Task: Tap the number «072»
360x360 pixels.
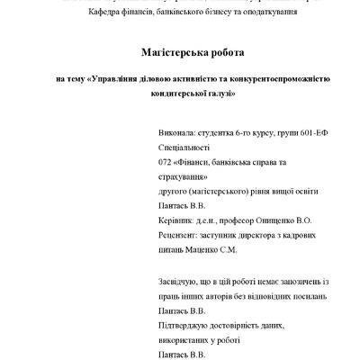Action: pos(164,162)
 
